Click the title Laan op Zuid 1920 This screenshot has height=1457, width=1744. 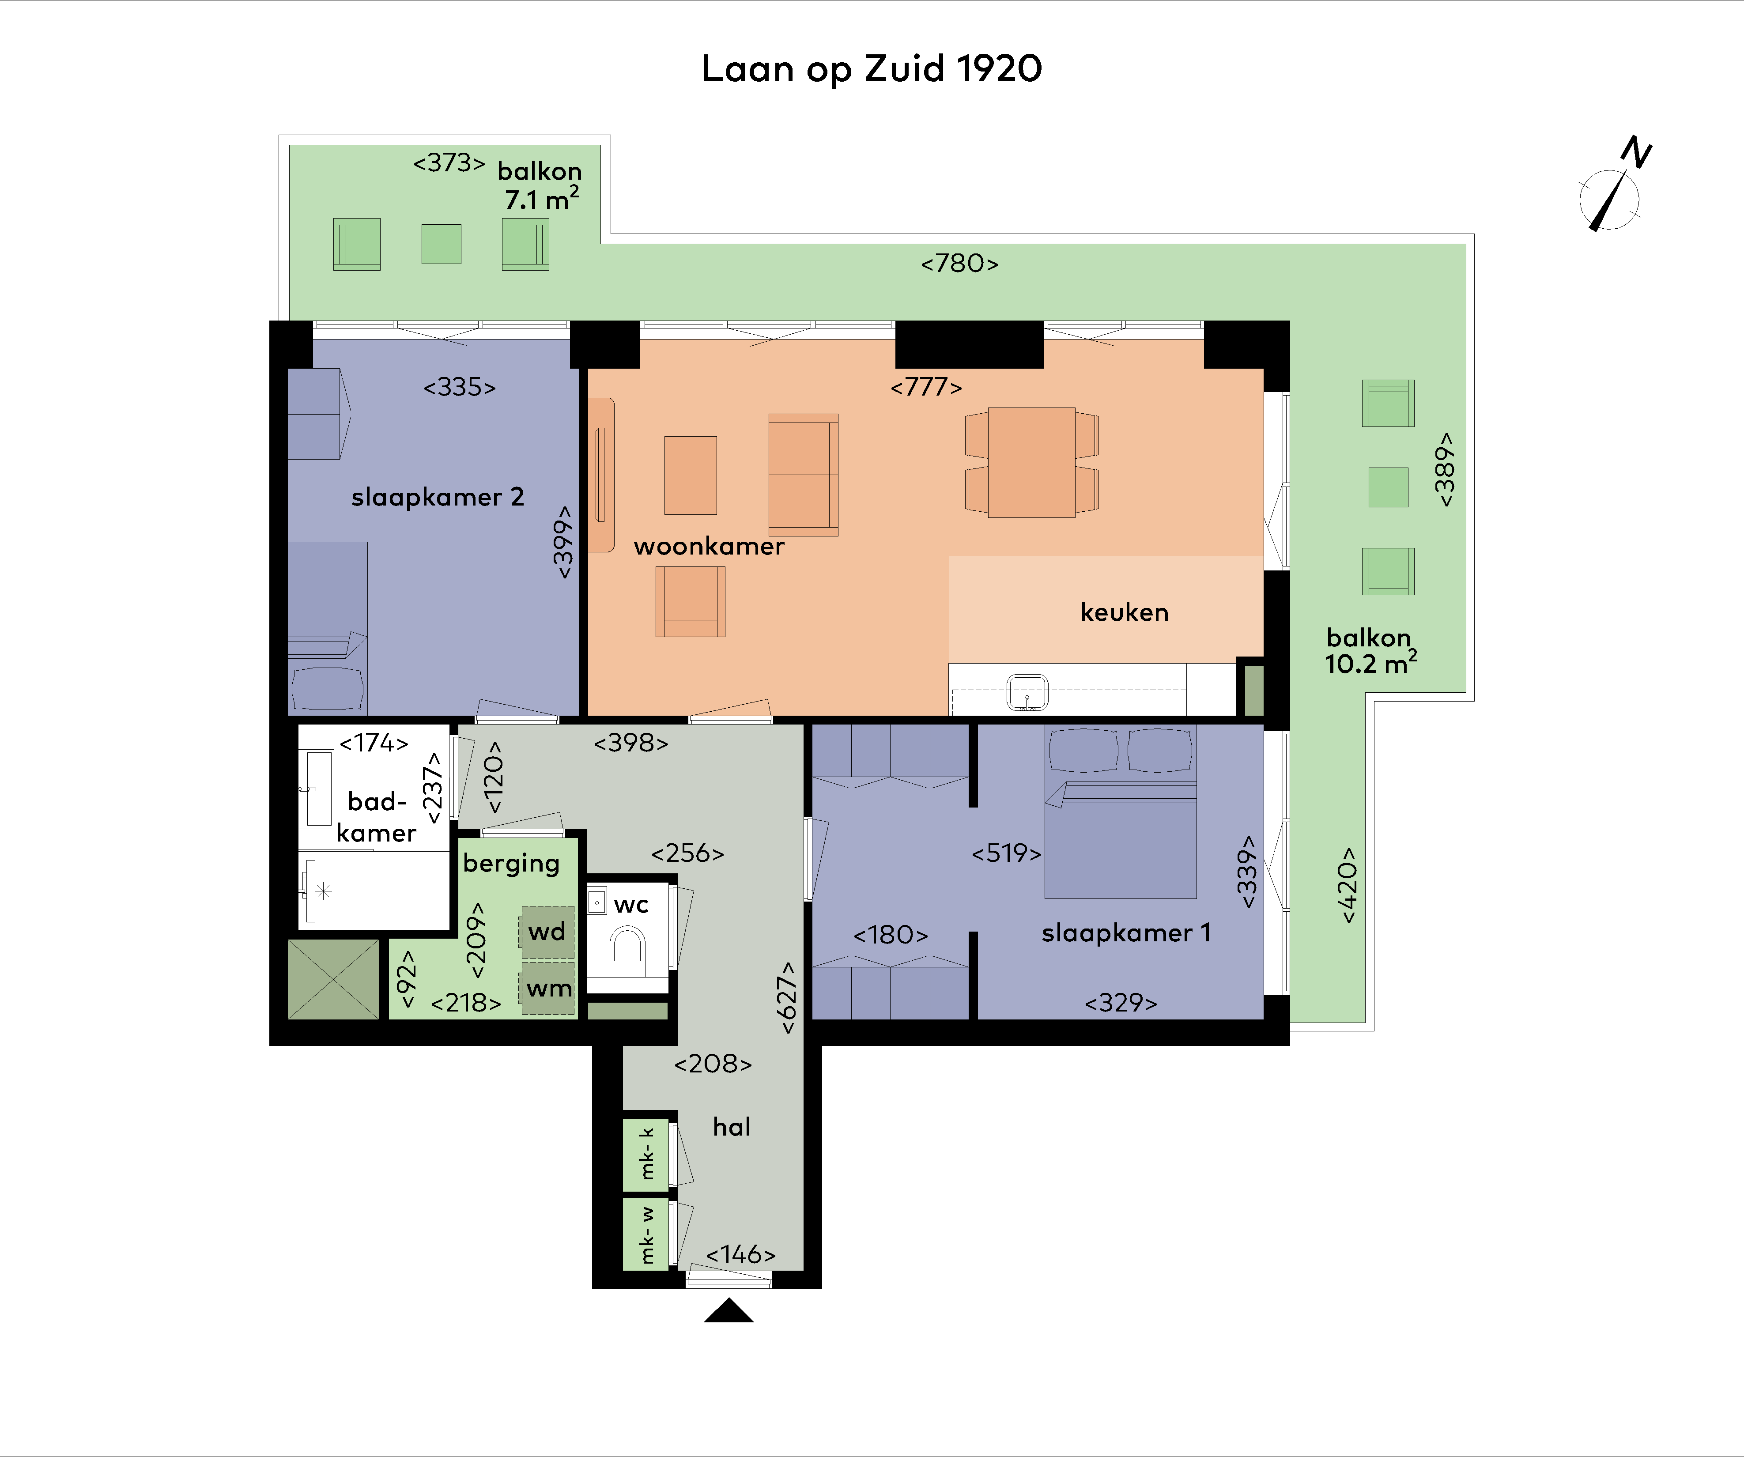[x=871, y=69]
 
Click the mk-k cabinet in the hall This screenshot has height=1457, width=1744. [x=646, y=1154]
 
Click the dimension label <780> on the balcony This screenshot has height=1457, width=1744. [x=959, y=263]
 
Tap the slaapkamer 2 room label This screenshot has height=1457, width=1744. [x=437, y=497]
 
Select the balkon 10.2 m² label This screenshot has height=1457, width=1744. [x=1370, y=650]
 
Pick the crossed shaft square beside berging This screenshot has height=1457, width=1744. [x=333, y=979]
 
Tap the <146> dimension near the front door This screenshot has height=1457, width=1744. [x=740, y=1254]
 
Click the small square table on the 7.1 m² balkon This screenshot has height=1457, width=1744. [x=441, y=244]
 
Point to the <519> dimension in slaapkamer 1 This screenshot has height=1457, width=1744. [x=1006, y=853]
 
